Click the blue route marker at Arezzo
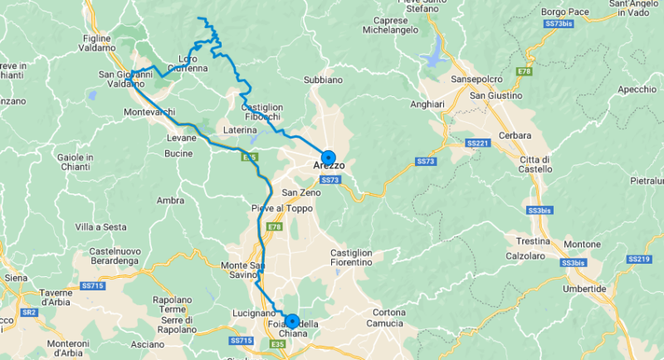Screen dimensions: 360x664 pyautogui.click(x=328, y=157)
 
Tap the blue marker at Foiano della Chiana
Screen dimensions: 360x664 pyautogui.click(x=291, y=320)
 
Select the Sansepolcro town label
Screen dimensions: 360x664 pyautogui.click(x=476, y=79)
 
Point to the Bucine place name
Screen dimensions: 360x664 pyautogui.click(x=178, y=153)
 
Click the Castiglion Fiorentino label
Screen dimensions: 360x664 pyautogui.click(x=351, y=257)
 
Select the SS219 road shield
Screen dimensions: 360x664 pyautogui.click(x=638, y=260)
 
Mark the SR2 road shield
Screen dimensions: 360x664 pyautogui.click(x=28, y=312)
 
